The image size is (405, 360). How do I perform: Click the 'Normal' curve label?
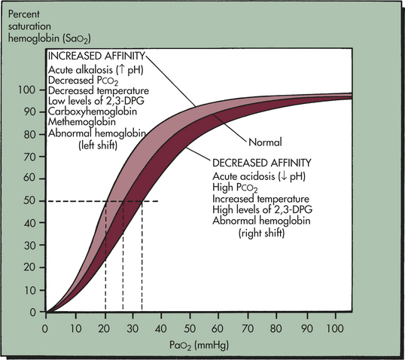coord(265,142)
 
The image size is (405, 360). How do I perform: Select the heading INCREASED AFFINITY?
coord(97,56)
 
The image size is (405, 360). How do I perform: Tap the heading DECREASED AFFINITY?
coord(262,163)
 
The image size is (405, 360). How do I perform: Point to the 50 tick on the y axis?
coord(43,201)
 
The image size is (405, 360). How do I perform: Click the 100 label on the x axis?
coord(335,328)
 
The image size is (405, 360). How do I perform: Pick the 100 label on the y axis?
coord(26,90)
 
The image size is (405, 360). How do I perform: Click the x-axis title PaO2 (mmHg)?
coord(199,346)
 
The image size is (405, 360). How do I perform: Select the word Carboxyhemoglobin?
coord(93,111)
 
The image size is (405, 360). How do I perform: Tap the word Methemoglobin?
coord(82,122)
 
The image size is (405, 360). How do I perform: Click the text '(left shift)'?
coord(98,145)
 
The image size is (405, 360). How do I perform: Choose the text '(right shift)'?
coord(261,233)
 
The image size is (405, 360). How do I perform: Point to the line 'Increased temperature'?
coord(260,199)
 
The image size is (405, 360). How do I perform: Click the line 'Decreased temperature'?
coord(99,90)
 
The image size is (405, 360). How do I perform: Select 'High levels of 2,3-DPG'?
coord(262,209)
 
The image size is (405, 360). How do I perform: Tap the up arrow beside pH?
coord(123,70)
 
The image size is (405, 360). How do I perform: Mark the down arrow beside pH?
coord(284,176)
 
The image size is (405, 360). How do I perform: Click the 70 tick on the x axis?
coord(248,316)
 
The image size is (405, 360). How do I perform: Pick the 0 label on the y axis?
coord(33,313)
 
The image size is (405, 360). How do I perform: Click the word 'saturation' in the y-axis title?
coord(29,26)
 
